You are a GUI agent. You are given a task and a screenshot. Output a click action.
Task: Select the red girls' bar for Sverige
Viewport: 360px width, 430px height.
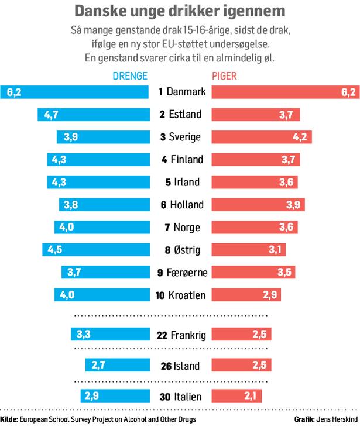(261, 137)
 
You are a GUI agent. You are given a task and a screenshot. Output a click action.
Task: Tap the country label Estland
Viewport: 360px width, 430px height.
(184, 115)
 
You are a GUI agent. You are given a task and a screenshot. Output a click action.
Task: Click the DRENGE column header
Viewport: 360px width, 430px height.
(129, 76)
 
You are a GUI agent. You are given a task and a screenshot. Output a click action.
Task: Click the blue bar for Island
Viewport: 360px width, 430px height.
(116, 366)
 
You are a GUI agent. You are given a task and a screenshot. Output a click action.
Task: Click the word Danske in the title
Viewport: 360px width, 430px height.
(100, 12)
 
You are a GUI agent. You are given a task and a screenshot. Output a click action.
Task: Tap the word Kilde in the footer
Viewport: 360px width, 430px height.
(8, 420)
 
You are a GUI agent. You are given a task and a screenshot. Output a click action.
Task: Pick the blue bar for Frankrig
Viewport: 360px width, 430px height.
(109, 335)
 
